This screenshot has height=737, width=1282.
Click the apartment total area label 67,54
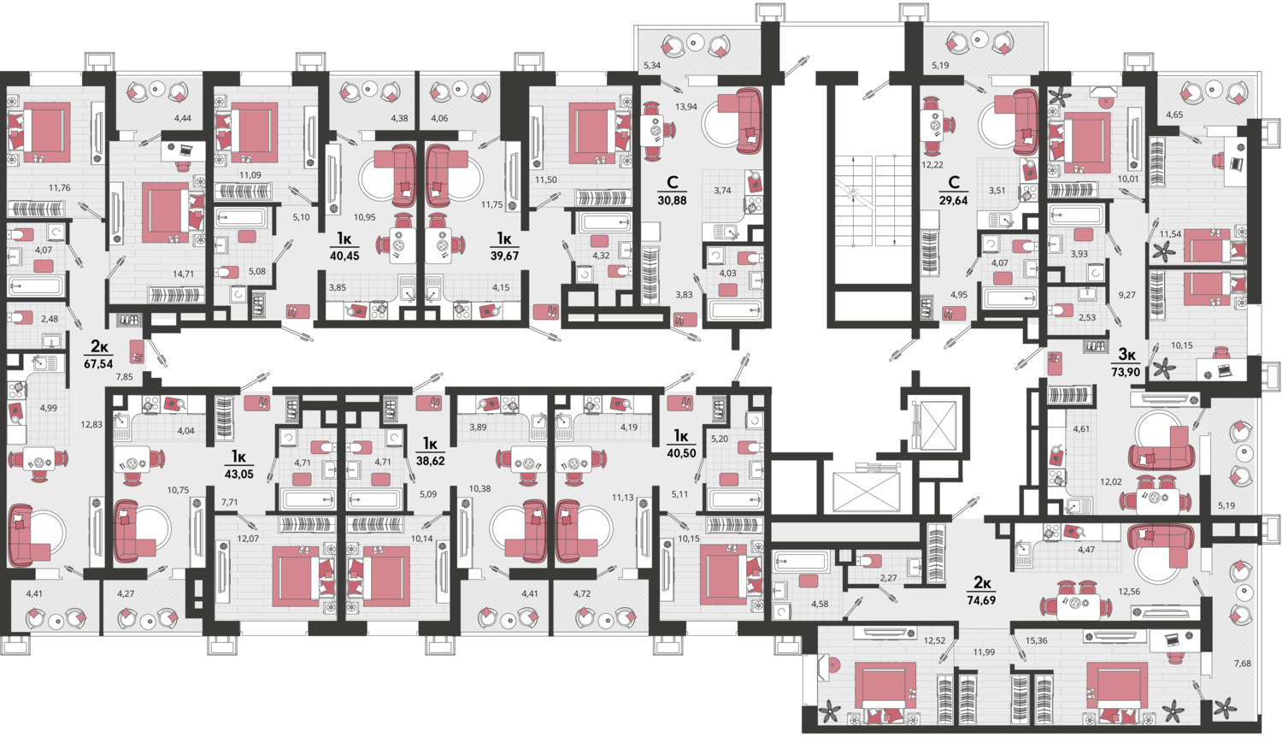coord(98,363)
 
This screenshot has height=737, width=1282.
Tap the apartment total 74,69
coord(982,600)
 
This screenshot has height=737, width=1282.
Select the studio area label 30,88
coord(672,200)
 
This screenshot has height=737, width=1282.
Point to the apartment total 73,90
coord(1126,372)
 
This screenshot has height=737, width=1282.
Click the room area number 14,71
coord(183,274)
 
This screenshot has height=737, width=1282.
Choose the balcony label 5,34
coord(652,65)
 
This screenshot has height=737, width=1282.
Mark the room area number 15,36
coord(1036,640)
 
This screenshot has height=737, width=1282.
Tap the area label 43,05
coord(238,475)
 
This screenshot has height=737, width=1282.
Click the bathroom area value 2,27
coord(888,578)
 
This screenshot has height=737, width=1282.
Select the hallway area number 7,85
coord(124,376)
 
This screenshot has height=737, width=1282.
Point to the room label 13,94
coord(685,106)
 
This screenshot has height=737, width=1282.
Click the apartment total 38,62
coord(430,460)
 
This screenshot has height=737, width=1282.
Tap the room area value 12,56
coord(1129,592)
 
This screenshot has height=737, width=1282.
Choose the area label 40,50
coord(681,452)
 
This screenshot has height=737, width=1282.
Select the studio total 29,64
coord(954,200)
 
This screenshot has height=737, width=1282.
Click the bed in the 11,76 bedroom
coord(39,133)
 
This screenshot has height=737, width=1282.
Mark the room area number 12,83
coord(91,424)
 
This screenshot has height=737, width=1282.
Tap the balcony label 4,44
coord(183,119)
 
